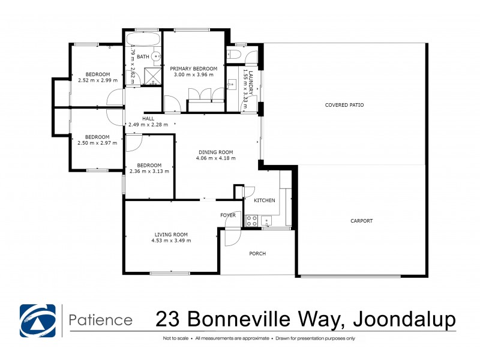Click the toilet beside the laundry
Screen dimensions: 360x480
[235, 56]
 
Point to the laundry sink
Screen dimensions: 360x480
[232, 85]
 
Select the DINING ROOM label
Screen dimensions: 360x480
[216, 152]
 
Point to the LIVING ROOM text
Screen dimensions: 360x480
[172, 234]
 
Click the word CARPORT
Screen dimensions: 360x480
[362, 221]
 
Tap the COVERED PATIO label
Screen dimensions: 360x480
[344, 105]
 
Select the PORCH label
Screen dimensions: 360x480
[257, 253]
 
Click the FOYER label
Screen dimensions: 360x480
[228, 214]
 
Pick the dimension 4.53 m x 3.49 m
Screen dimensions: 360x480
[172, 241]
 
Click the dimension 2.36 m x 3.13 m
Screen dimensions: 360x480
[149, 172]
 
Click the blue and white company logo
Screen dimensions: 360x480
[37, 321]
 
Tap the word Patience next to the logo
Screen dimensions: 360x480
[101, 320]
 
